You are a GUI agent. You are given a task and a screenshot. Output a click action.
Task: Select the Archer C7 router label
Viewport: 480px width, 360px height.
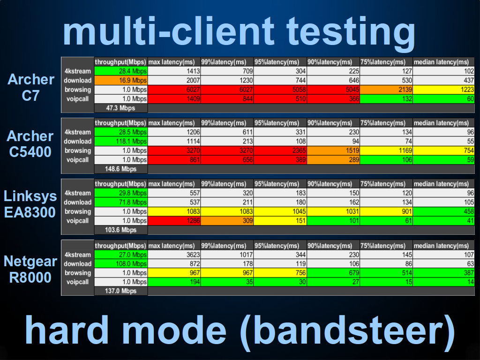point(30,88)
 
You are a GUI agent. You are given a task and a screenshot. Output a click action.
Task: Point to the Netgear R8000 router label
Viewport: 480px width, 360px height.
point(30,270)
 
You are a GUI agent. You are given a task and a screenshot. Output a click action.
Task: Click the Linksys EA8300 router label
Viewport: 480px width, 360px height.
point(30,204)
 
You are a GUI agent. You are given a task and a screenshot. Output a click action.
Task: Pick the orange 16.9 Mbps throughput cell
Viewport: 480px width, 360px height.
point(120,81)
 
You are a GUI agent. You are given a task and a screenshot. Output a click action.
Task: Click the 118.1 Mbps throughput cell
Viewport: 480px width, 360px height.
point(120,142)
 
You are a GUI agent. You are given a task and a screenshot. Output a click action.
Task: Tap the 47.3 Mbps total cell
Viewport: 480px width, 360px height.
point(120,108)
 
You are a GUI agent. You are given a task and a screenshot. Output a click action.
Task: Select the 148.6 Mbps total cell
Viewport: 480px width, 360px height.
point(120,169)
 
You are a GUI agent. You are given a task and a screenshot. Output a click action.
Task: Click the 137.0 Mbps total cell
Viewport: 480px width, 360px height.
point(120,291)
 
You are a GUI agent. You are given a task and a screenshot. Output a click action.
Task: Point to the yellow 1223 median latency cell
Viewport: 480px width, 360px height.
point(443,90)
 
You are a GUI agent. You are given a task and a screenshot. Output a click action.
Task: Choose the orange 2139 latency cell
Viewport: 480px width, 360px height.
point(386,90)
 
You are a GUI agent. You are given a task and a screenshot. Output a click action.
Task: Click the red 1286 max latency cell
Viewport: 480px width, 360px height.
point(174,221)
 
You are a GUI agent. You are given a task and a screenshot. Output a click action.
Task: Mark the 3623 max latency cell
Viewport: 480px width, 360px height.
point(174,255)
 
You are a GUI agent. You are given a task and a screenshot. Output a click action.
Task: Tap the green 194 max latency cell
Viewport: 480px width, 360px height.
point(174,282)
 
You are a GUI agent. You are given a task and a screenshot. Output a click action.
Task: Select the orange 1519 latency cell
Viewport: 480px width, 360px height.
point(333,150)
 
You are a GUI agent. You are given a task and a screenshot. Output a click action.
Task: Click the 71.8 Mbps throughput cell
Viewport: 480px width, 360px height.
point(120,202)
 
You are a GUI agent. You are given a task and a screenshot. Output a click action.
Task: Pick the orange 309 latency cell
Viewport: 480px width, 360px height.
point(227,221)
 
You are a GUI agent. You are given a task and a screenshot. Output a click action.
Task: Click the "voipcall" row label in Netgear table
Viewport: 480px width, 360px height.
point(77,282)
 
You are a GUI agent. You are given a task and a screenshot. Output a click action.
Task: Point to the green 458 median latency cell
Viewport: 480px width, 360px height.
point(443,211)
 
